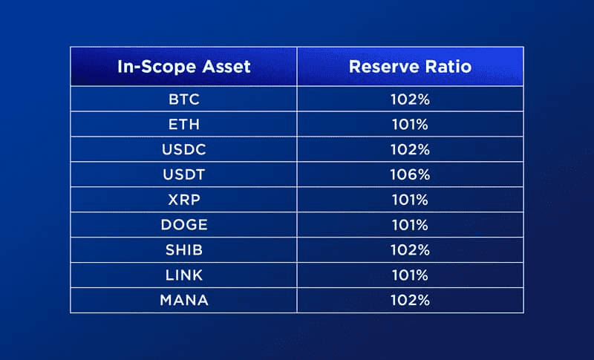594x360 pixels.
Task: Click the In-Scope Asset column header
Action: [x=183, y=67]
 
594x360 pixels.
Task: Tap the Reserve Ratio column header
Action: [x=411, y=67]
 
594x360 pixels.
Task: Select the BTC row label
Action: [x=183, y=99]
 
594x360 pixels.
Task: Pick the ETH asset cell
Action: [x=183, y=124]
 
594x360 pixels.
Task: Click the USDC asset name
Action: [x=183, y=149]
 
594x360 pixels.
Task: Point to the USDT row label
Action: [x=183, y=174]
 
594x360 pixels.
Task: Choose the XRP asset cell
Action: [x=183, y=200]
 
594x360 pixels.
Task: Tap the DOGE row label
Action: [x=183, y=225]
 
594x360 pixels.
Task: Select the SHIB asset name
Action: [x=183, y=250]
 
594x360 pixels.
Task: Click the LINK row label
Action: [x=183, y=275]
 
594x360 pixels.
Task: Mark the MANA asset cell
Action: [x=183, y=300]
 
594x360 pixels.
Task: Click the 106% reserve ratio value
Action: [x=411, y=174]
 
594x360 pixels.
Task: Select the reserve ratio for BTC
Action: [x=411, y=99]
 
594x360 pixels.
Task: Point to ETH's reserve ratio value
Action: [x=411, y=124]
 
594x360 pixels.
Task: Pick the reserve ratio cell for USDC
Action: [x=411, y=149]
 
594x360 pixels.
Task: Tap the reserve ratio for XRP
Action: [x=411, y=200]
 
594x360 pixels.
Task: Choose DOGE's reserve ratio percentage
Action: [x=411, y=225]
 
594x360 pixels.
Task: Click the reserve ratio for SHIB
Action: [x=411, y=250]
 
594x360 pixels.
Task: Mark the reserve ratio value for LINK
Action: [x=411, y=275]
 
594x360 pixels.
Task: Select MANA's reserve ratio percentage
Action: [x=411, y=300]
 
